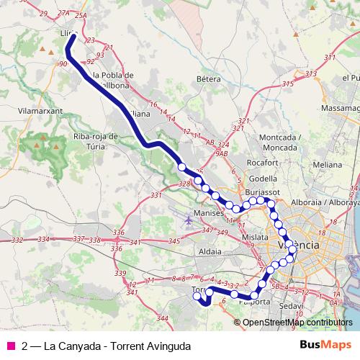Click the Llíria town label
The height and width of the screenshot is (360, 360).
tap(67, 33)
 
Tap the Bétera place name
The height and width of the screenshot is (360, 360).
tap(207, 78)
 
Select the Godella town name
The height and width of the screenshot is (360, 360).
tap(262, 179)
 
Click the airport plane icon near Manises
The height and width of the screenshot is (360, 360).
tap(188, 220)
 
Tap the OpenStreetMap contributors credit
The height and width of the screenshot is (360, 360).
tap(294, 322)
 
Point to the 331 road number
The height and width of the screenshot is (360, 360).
tap(157, 195)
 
